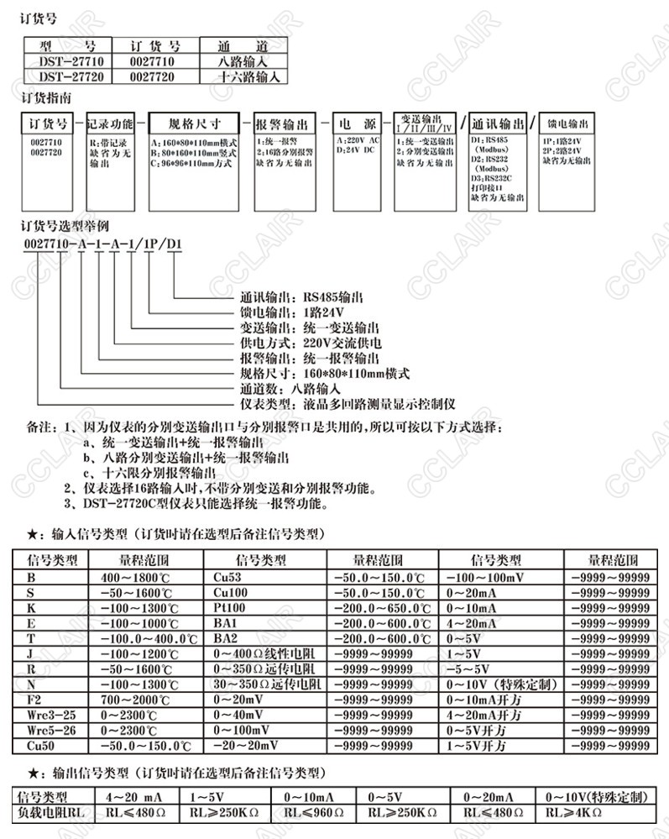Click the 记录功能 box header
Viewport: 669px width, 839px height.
coord(111,122)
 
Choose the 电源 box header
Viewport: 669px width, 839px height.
coord(357,122)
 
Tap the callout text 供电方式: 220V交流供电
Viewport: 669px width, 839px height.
coord(306,343)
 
